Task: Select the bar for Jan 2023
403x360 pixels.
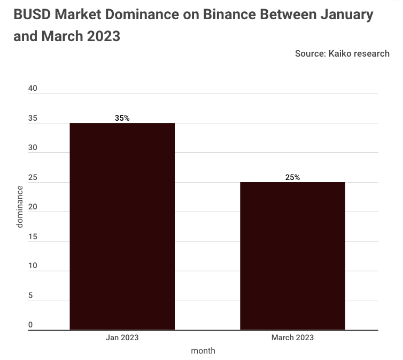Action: click(122, 226)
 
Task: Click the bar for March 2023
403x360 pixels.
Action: click(292, 256)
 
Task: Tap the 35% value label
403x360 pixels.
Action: click(122, 118)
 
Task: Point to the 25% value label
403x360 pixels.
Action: click(292, 177)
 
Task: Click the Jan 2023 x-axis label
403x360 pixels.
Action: click(122, 338)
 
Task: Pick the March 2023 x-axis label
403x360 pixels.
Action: click(292, 338)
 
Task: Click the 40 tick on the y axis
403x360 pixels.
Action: click(33, 89)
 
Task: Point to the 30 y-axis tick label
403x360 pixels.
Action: click(33, 148)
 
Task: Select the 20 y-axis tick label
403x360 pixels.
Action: click(33, 207)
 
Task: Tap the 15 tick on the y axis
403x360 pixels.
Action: click(33, 237)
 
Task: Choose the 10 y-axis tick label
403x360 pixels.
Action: click(33, 266)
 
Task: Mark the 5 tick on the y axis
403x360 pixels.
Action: click(30, 295)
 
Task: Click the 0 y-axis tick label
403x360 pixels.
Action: click(30, 325)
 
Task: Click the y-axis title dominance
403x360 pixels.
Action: click(20, 206)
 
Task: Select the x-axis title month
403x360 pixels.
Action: click(203, 351)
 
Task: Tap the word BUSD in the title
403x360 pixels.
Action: click(32, 14)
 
